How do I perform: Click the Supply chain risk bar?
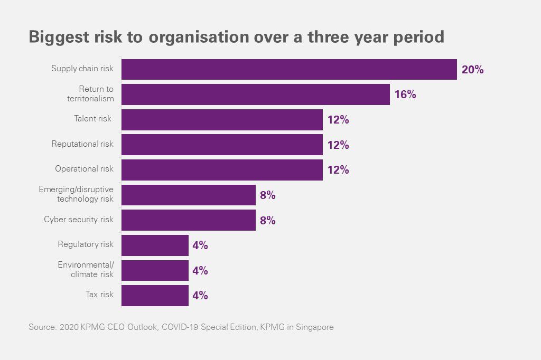coord(289,69)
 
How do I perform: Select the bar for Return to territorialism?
coord(256,94)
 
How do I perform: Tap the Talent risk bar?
coord(222,119)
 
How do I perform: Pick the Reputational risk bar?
coord(222,145)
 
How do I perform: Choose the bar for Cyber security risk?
coord(189,220)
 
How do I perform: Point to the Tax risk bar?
coord(155,296)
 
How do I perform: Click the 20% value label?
coord(472,69)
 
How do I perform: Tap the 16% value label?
coord(405,94)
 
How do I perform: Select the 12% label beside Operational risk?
coord(338,170)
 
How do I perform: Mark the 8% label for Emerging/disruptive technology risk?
coord(268,195)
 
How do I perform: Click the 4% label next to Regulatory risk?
coord(200,245)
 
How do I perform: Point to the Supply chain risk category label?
coord(82,69)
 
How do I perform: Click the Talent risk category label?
coord(92,119)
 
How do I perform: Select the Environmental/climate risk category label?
coord(86,270)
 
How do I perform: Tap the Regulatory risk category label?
coord(86,244)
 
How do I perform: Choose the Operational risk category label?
coord(84,169)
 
